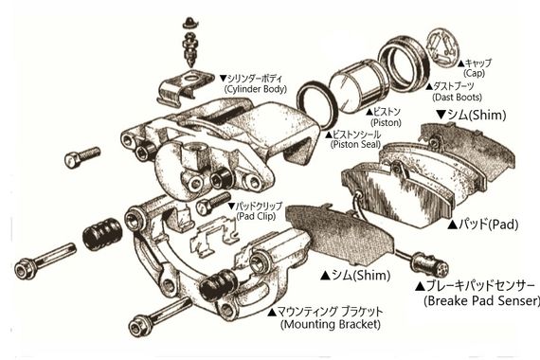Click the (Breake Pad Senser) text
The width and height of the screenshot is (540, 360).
click(471, 301)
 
